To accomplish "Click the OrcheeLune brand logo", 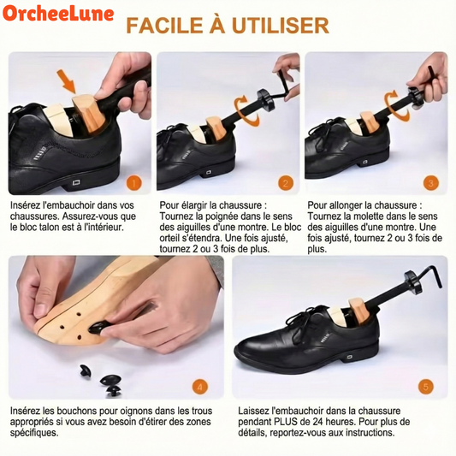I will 52,15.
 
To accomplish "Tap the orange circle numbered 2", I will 286,182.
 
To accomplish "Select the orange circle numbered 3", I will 430,182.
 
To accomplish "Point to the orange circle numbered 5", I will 427,387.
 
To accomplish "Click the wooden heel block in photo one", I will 86,112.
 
